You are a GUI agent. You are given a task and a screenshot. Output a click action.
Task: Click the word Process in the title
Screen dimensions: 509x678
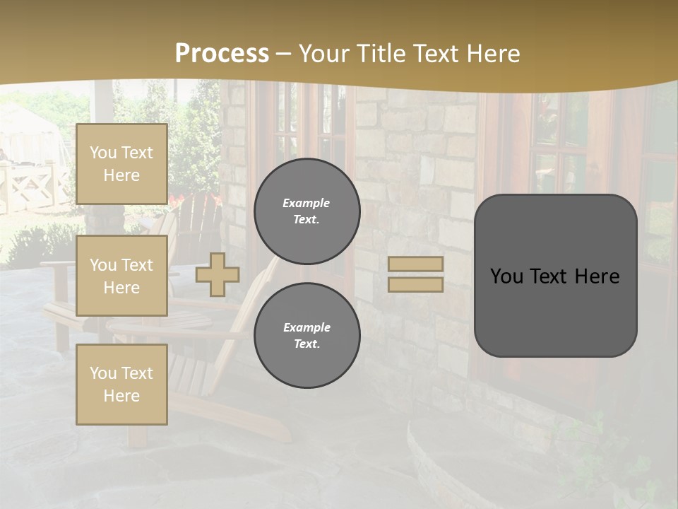[x=222, y=54]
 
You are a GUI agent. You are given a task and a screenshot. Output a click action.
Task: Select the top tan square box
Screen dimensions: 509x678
[x=121, y=164]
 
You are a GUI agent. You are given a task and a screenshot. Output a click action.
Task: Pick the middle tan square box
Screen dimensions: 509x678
[x=121, y=276]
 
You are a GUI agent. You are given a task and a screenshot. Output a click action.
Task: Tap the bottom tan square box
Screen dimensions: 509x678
[x=121, y=385]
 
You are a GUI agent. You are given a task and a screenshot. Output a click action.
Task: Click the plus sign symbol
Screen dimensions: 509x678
[x=218, y=274]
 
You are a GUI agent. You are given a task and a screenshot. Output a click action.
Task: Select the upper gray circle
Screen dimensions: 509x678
[x=307, y=211]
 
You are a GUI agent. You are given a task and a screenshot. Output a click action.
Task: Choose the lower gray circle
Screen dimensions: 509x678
[x=307, y=336]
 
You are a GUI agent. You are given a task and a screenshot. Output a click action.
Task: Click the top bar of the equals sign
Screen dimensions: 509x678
[x=416, y=264]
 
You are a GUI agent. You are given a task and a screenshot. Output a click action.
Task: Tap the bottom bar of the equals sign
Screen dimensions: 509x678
[x=416, y=284]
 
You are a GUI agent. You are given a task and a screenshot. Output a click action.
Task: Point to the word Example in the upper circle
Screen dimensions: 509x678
[x=306, y=203]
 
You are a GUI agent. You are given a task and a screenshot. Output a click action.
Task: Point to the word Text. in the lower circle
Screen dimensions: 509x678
[x=307, y=344]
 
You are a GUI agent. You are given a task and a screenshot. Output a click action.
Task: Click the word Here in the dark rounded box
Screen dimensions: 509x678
[x=597, y=276]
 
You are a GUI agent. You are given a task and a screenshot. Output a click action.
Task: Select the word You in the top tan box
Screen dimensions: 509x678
[x=102, y=153]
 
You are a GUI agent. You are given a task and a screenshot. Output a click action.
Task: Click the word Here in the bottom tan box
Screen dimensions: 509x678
[x=121, y=396]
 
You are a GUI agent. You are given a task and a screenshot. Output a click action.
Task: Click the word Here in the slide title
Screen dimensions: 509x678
[x=493, y=54]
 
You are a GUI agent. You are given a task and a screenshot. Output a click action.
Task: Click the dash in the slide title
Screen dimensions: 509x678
[x=284, y=54]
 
